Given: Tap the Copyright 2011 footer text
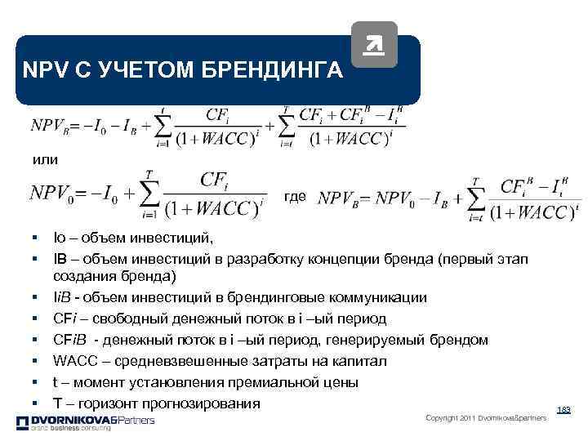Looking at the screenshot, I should click(486, 418).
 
